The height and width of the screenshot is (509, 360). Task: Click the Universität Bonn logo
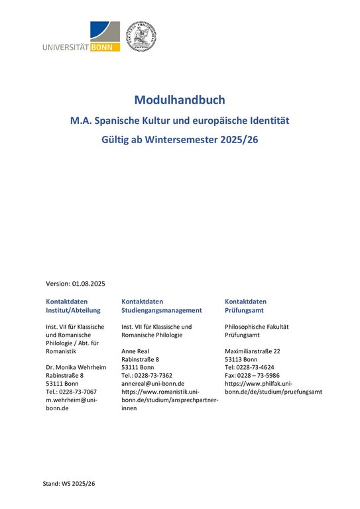[81, 37]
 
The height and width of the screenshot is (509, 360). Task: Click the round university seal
[141, 36]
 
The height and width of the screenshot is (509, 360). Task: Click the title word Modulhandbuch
[180, 100]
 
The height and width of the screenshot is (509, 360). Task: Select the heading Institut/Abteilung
[73, 310]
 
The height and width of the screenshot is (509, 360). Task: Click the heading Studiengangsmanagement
[162, 310]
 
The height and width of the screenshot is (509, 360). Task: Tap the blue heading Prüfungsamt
[246, 310]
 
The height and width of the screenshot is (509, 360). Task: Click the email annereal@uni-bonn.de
[152, 383]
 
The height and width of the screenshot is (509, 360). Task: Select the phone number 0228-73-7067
[78, 392]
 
